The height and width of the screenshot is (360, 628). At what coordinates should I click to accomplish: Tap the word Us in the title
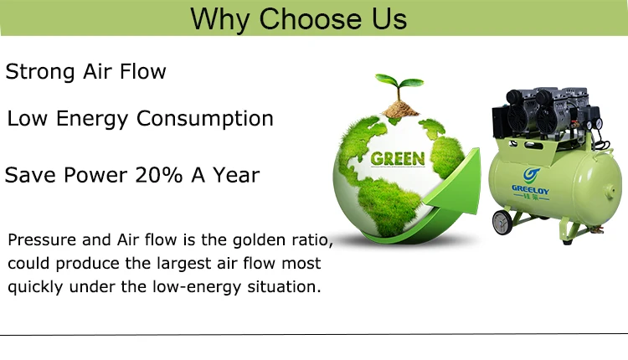pyautogui.click(x=388, y=18)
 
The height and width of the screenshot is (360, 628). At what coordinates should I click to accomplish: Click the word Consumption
pyautogui.click(x=204, y=119)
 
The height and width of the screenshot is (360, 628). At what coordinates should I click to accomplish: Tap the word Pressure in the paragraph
pyautogui.click(x=41, y=241)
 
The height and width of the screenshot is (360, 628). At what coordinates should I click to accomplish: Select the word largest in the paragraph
pyautogui.click(x=183, y=264)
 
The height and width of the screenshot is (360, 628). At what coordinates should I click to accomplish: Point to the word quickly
pyautogui.click(x=34, y=287)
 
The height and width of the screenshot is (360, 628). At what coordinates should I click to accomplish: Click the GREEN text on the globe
pyautogui.click(x=397, y=158)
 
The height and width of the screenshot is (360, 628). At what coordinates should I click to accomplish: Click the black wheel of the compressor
pyautogui.click(x=502, y=223)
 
